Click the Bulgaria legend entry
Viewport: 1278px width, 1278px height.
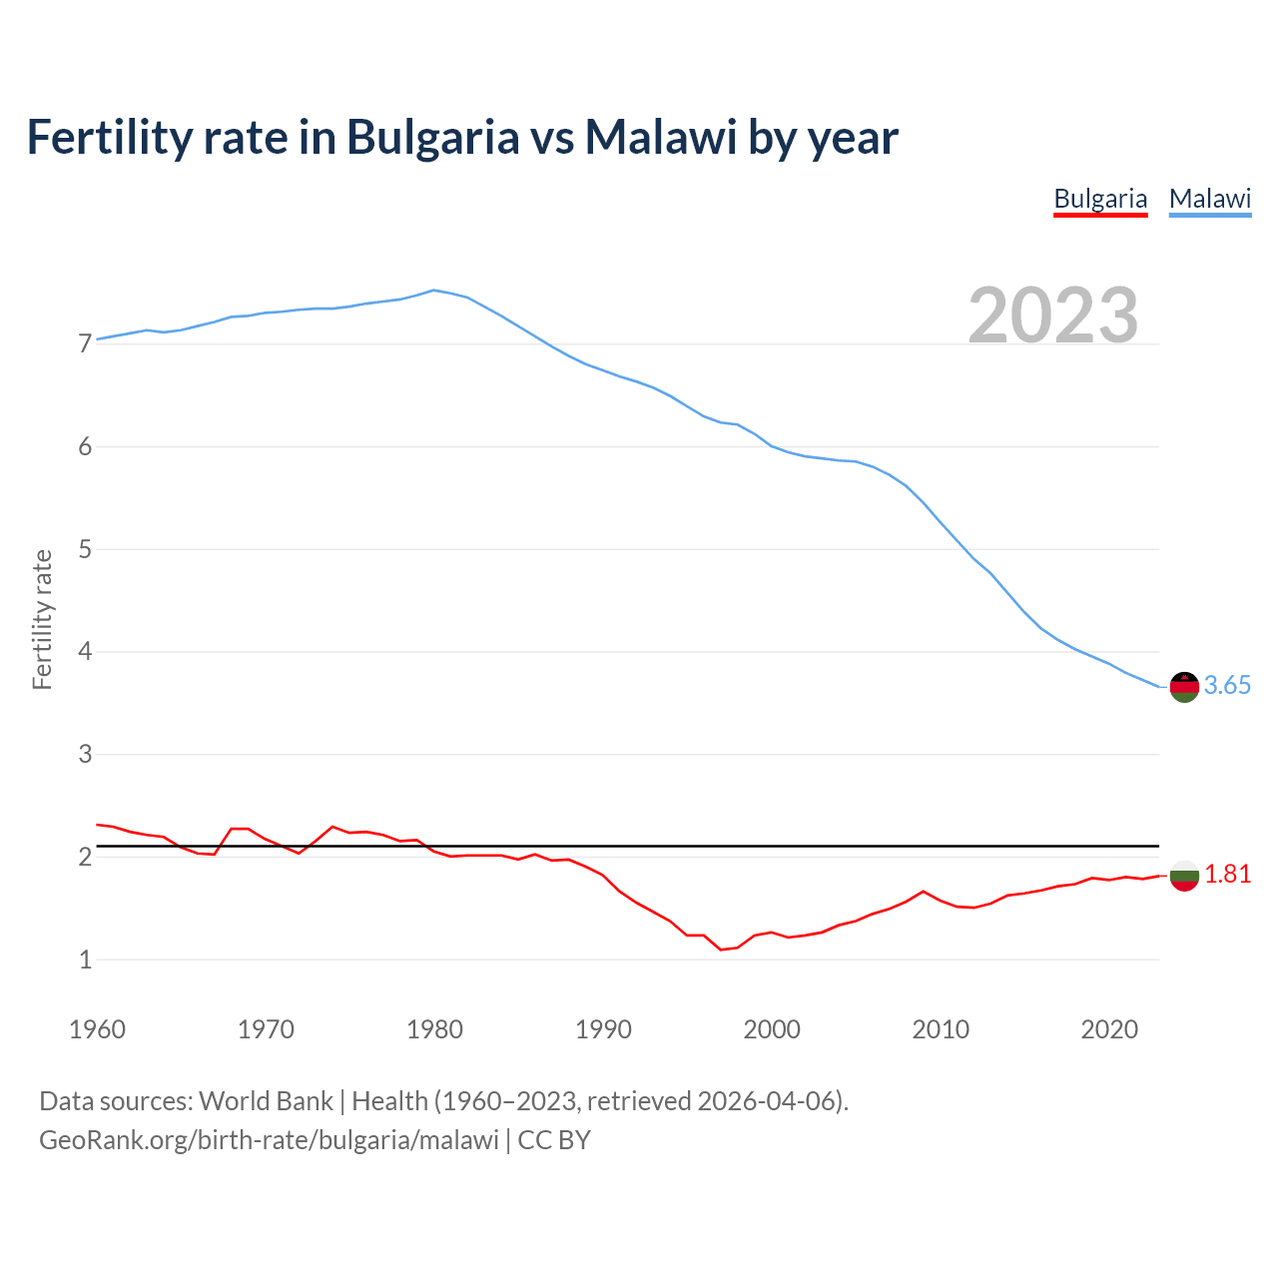coord(1100,199)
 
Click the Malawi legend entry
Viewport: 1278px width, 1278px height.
coord(1210,199)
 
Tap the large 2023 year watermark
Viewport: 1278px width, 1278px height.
coord(1053,316)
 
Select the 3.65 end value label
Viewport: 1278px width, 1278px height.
coord(1227,686)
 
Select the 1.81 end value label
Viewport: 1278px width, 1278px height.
coord(1227,875)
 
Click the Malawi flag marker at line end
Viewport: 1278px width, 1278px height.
coord(1184,687)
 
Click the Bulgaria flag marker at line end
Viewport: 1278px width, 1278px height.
coord(1184,876)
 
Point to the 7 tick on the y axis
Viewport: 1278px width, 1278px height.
coord(85,344)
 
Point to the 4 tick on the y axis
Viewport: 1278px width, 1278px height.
coord(85,652)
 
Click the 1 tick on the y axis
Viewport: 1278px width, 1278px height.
coord(85,960)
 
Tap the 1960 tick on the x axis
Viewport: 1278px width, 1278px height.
coord(97,1029)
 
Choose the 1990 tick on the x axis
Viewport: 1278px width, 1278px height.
coord(603,1029)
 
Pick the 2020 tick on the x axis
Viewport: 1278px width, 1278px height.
coord(1109,1029)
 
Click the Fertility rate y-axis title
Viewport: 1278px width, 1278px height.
coord(42,619)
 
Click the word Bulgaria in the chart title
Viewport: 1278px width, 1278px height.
coord(432,137)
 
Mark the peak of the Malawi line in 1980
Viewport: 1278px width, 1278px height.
coord(433,291)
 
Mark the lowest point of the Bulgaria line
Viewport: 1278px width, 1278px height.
coord(721,950)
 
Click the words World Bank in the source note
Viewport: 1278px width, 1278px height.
coord(266,1101)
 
